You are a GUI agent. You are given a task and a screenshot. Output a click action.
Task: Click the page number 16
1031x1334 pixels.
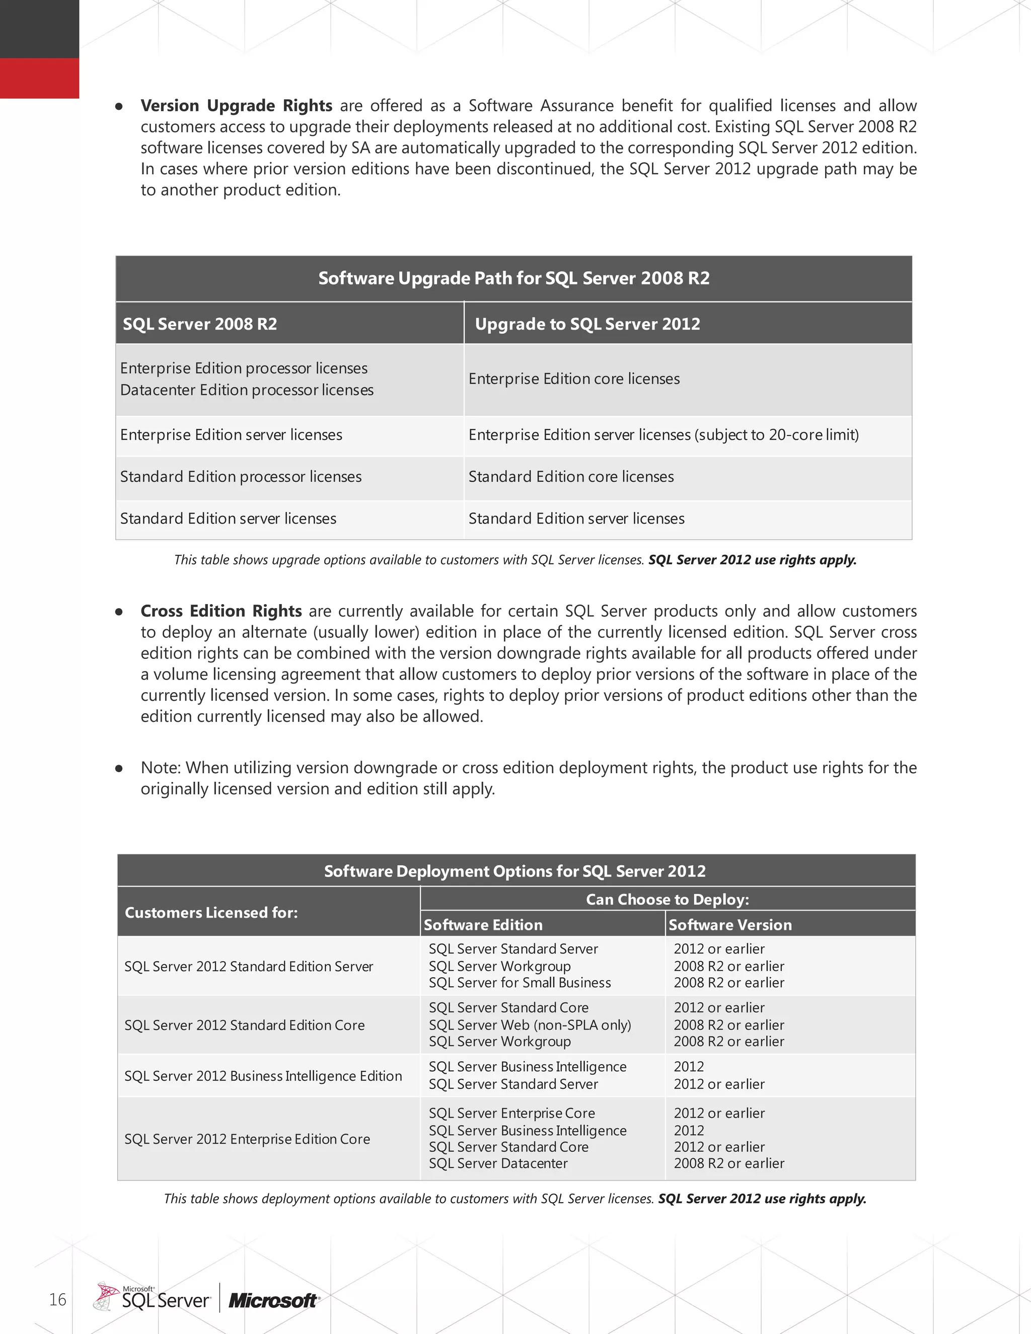point(57,1299)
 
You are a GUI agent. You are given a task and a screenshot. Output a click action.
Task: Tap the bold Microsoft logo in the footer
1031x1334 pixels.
point(273,1301)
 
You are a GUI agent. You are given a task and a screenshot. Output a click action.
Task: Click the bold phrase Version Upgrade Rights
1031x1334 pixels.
point(237,106)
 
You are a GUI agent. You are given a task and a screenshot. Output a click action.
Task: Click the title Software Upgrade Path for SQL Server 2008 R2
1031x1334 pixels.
point(513,278)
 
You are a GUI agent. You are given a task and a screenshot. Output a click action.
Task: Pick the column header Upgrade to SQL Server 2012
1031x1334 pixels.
point(587,324)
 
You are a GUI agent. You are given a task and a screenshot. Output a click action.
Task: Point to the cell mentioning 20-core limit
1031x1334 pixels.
point(664,435)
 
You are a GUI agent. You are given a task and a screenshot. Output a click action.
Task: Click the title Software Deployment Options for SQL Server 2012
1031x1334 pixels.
point(514,871)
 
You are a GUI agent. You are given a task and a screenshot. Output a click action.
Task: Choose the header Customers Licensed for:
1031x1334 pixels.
point(211,913)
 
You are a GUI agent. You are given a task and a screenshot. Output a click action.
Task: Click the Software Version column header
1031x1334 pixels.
point(730,925)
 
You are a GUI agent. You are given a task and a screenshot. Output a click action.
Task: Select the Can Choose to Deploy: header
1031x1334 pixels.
point(667,899)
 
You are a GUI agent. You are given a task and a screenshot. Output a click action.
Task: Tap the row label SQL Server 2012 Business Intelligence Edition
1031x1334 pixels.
point(263,1076)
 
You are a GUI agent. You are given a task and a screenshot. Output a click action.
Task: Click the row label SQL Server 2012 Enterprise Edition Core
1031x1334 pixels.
point(247,1139)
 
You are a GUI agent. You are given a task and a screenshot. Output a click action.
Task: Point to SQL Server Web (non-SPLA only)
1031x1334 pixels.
point(530,1025)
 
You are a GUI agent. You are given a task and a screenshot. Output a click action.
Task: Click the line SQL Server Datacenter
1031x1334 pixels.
point(498,1163)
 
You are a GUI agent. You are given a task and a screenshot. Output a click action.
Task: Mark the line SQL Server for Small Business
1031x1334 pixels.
point(519,983)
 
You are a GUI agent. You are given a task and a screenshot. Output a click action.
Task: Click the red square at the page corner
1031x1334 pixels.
point(39,78)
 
